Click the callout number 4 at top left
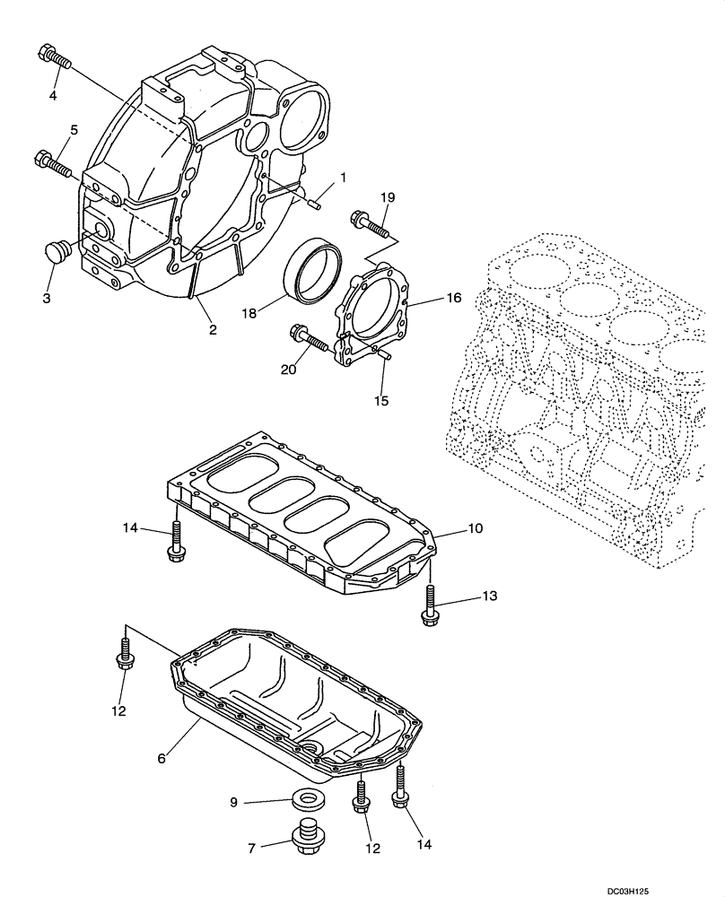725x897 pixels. click(x=52, y=95)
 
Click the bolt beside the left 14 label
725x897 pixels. click(x=176, y=544)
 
